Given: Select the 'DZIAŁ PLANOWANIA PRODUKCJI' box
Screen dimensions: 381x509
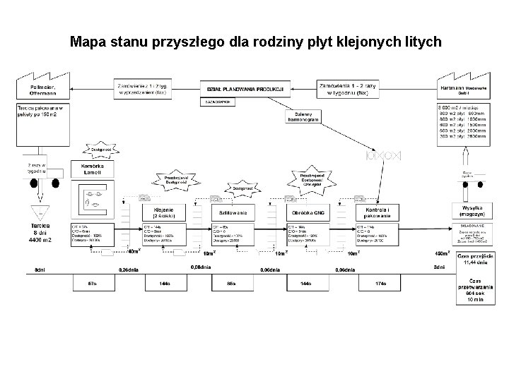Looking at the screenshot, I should click(245, 88).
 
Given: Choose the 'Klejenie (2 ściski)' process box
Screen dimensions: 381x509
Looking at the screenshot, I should click(165, 212).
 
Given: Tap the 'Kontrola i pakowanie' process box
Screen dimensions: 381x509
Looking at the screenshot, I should click(380, 212).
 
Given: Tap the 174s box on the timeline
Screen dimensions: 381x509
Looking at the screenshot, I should click(380, 284).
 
